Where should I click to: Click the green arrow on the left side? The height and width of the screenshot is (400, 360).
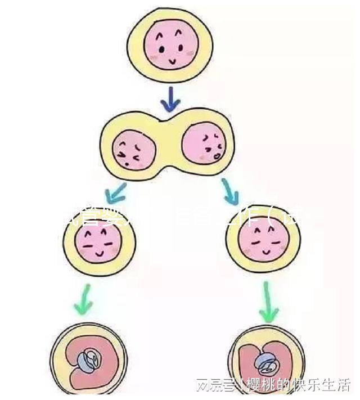84,299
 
